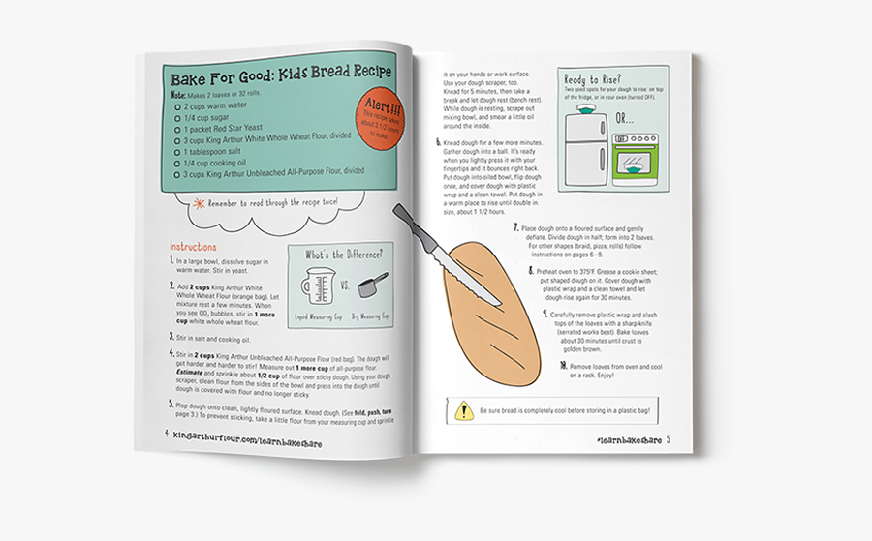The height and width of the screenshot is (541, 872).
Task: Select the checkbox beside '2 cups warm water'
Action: coord(179,107)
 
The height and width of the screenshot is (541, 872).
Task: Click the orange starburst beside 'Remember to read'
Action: coord(199,202)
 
